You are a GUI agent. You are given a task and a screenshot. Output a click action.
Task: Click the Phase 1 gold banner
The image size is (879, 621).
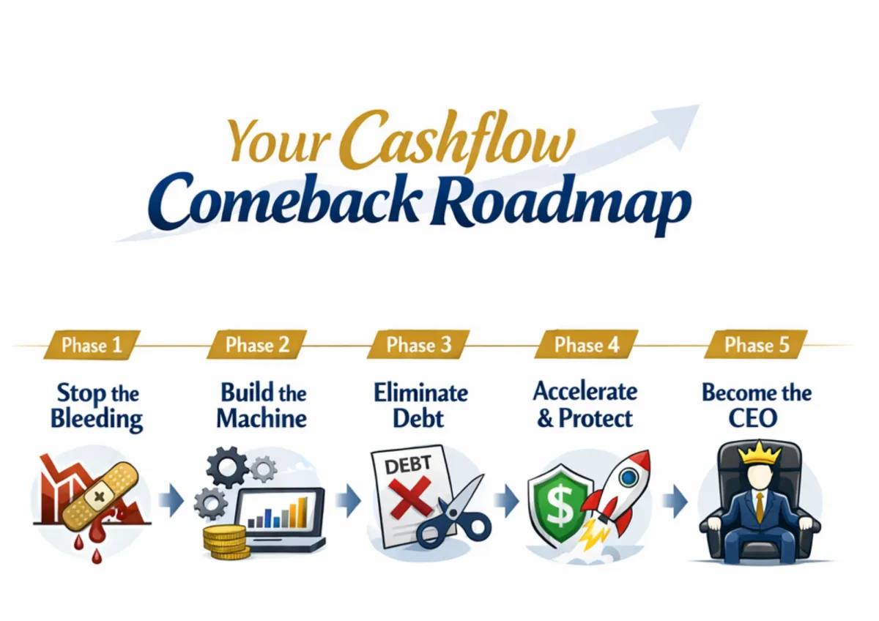(x=92, y=345)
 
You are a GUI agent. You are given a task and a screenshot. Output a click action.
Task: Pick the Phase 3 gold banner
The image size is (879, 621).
(x=418, y=344)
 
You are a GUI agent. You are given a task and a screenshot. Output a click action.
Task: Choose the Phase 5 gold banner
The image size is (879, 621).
(x=756, y=344)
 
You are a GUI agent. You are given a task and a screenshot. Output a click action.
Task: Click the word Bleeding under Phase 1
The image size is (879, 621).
(x=97, y=420)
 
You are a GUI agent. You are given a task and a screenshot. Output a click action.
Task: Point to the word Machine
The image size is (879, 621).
(x=262, y=418)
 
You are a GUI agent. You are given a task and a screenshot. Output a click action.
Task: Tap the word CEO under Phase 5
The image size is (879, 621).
(x=753, y=418)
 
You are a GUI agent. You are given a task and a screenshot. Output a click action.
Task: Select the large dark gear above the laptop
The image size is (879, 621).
(x=228, y=467)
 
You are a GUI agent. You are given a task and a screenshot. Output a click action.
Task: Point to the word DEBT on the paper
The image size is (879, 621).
(x=408, y=465)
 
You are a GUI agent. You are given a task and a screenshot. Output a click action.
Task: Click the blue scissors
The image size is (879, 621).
(x=454, y=514)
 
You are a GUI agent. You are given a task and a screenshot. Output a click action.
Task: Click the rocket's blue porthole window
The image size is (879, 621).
(x=628, y=477)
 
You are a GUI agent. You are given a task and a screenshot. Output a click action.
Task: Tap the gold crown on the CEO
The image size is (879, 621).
(x=757, y=453)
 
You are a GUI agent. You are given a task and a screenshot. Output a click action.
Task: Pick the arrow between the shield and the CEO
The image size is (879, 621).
(x=675, y=501)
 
